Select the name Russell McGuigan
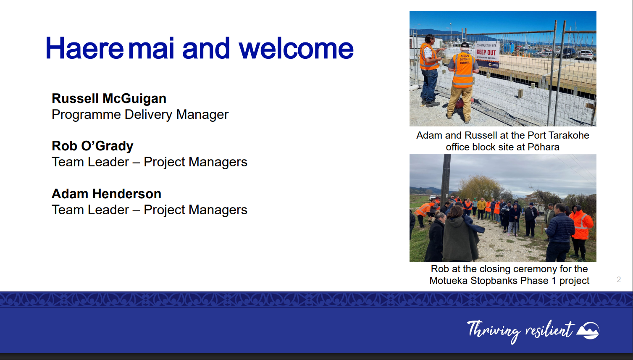(x=109, y=99)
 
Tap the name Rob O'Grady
(x=92, y=146)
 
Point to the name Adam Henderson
(x=106, y=194)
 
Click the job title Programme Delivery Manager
(x=140, y=115)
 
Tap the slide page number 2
(x=619, y=279)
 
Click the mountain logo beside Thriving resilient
(x=588, y=330)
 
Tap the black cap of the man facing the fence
(x=465, y=45)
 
